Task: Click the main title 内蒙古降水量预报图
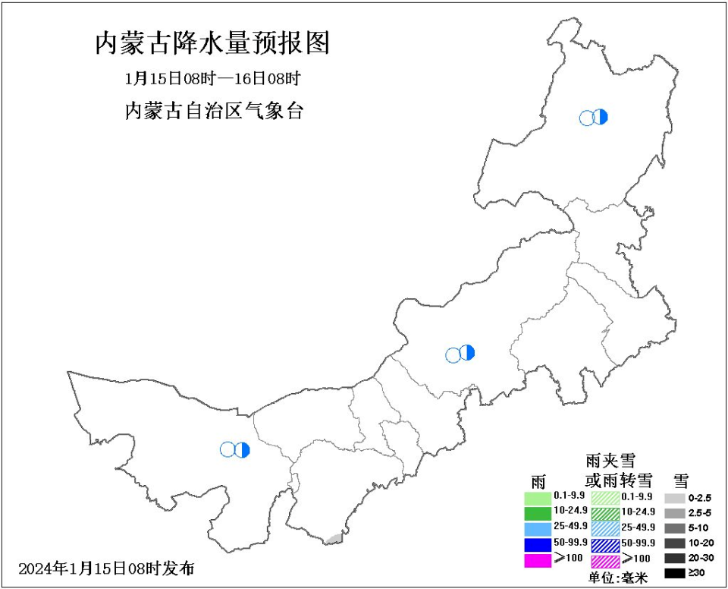point(212,43)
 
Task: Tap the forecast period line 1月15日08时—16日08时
point(213,78)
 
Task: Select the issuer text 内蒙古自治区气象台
point(213,111)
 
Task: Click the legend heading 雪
point(681,480)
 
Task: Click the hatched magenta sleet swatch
point(605,562)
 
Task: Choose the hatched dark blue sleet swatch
point(605,545)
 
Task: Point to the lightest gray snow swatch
point(675,499)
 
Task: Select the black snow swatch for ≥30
point(675,574)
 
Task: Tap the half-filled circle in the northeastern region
point(601,117)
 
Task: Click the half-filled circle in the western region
point(242,450)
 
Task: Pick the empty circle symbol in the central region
point(453,354)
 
